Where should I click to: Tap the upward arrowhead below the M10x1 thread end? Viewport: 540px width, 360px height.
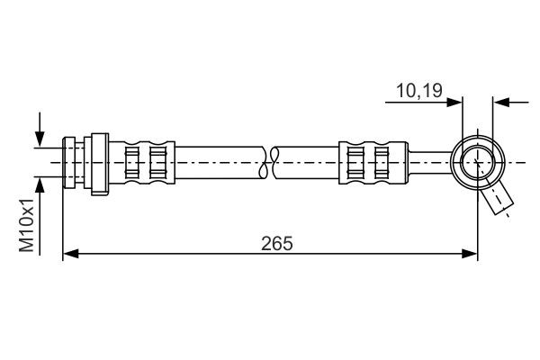(x=40, y=184)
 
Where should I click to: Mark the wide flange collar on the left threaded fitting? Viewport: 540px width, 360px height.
(x=98, y=162)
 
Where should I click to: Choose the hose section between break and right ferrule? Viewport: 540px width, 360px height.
(x=308, y=162)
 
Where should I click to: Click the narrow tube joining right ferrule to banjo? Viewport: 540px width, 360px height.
(x=429, y=162)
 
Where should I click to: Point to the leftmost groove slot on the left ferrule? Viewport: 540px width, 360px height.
(x=131, y=162)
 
